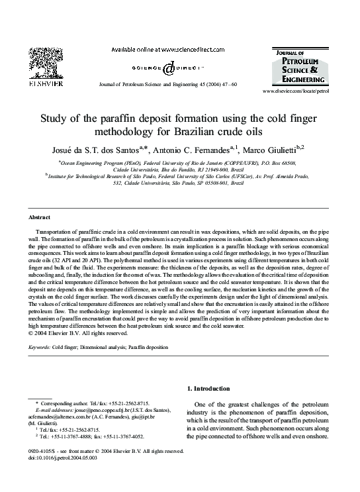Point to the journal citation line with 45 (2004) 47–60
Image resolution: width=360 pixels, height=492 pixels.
[x=166, y=85]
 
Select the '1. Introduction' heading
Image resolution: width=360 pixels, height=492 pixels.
[x=209, y=389]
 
